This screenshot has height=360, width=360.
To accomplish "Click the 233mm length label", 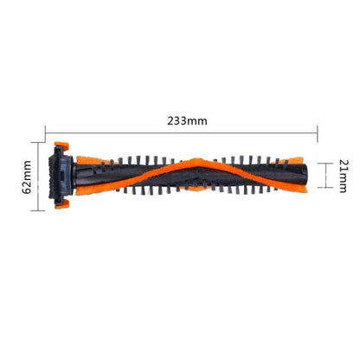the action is pos(187,120).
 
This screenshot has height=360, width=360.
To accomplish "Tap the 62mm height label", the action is pos(27,177).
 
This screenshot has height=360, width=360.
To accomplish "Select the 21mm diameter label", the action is pos(344,176).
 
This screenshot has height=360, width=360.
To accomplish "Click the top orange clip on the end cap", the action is pos(61,145).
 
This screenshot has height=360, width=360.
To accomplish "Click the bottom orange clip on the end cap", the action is pos(62,204).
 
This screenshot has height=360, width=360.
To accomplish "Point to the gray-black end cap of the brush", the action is pos(61,175).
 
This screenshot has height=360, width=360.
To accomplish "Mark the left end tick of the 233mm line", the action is pos(45,133).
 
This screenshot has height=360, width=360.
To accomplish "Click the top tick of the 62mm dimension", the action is pos(38,142).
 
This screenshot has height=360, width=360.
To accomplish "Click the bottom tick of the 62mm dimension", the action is pos(38,210).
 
